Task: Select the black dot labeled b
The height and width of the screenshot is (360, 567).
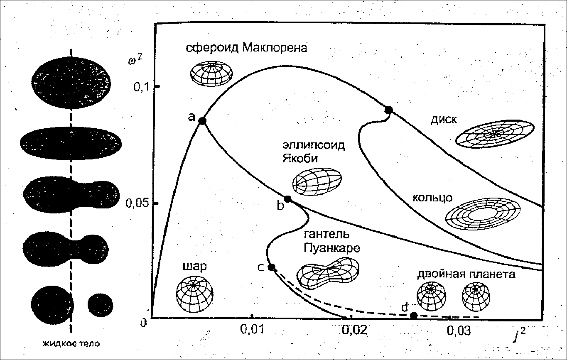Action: [287, 199]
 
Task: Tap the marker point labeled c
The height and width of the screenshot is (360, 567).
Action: [272, 267]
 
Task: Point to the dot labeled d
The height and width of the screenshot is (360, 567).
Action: [413, 316]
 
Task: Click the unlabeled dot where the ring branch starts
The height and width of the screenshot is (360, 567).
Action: [388, 110]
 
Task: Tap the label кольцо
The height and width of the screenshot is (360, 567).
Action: [432, 197]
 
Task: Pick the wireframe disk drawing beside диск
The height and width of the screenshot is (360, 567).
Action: [494, 133]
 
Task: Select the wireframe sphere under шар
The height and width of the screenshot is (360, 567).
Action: [194, 292]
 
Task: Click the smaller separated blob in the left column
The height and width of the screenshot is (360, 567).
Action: [100, 304]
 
